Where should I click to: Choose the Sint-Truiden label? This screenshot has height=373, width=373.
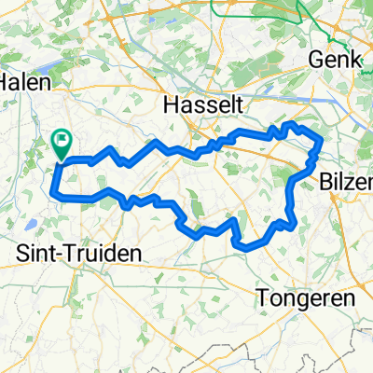[x=65, y=253]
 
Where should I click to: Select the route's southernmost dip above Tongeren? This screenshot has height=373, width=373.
[x=244, y=247]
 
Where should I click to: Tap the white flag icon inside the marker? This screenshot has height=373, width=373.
[x=62, y=141]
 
